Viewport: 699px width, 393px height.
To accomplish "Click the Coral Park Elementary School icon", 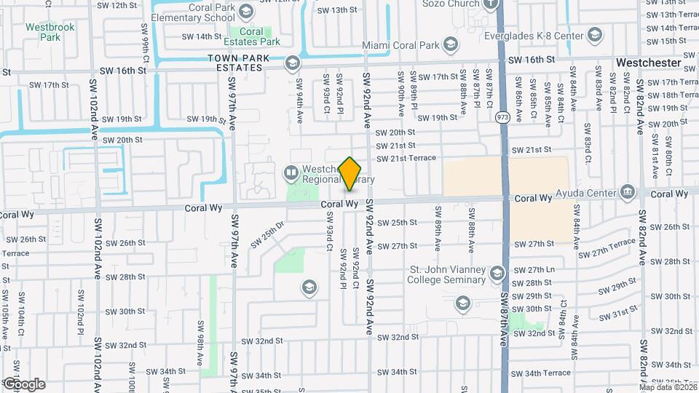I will point(245,11).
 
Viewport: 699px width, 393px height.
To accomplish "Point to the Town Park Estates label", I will point(234,63).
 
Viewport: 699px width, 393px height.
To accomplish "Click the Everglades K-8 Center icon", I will point(595,35).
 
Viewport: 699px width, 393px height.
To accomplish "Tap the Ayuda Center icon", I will point(626,193).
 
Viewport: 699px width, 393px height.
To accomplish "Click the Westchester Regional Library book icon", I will point(291,172).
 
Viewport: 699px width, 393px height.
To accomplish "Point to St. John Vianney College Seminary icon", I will point(497,274).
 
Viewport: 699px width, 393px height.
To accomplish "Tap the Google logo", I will point(23,384).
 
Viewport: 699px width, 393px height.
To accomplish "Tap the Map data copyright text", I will point(666,387).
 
